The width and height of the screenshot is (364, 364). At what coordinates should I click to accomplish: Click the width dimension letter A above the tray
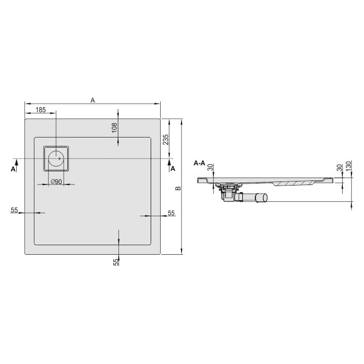click(x=93, y=100)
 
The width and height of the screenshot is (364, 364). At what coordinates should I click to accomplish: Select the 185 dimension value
click(x=41, y=110)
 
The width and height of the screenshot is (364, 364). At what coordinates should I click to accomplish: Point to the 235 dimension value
click(x=165, y=140)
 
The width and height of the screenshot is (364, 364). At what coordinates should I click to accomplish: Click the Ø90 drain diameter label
click(x=56, y=181)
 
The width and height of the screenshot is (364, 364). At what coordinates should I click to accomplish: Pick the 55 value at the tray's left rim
click(x=14, y=210)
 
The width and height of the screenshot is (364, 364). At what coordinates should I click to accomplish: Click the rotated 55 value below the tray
click(x=116, y=261)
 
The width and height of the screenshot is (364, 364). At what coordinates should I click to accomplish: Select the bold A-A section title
click(x=199, y=163)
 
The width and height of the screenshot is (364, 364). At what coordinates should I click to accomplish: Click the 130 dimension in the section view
click(x=348, y=167)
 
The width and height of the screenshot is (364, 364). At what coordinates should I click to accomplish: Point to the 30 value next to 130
click(x=339, y=168)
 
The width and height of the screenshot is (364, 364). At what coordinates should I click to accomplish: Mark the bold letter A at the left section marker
click(x=13, y=170)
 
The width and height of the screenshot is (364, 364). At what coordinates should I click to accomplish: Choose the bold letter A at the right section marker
click(x=173, y=169)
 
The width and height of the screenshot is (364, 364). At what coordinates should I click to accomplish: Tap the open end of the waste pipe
click(x=263, y=198)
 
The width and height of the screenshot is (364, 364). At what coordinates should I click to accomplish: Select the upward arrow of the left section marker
click(x=17, y=162)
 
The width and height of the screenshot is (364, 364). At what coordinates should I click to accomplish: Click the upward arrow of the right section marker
click(x=169, y=162)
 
